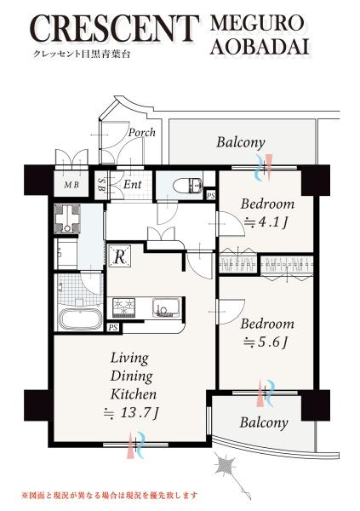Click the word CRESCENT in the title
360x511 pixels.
click(116, 28)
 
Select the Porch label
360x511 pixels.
click(142, 132)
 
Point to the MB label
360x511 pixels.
click(71, 185)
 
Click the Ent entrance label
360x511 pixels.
click(133, 185)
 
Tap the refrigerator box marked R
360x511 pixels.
click(120, 256)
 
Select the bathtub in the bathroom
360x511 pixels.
click(79, 319)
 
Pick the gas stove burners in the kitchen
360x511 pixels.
click(123, 307)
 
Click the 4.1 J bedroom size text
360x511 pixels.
click(266, 222)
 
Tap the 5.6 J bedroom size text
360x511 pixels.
click(266, 342)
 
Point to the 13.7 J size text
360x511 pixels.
click(131, 413)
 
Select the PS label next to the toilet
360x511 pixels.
click(211, 195)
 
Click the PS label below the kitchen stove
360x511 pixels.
click(113, 328)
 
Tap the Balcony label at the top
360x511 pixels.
click(241, 142)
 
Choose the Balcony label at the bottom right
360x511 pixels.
click(264, 422)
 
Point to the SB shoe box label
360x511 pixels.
click(101, 185)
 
